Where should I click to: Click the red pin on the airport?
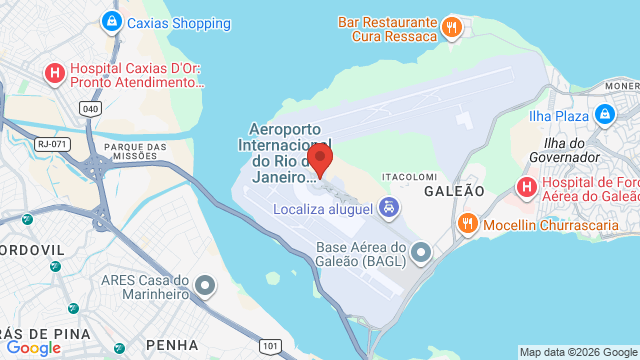(320, 159)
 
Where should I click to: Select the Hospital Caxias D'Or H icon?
(55, 72)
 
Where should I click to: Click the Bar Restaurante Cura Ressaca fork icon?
(452, 27)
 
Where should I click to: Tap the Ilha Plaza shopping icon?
(604, 116)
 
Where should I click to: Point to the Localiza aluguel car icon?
(389, 208)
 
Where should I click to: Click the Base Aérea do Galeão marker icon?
(422, 251)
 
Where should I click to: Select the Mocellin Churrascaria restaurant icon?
(465, 222)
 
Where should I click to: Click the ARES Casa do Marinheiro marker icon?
(206, 286)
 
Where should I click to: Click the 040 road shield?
(91, 108)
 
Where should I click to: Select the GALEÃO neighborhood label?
(454, 190)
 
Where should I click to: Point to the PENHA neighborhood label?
(171, 345)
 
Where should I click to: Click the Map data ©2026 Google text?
(577, 352)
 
